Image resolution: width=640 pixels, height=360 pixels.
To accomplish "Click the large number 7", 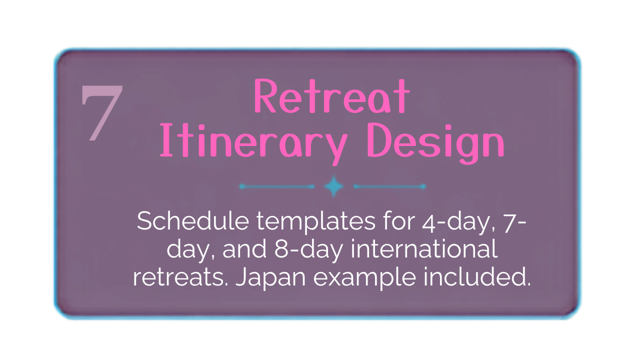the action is pyautogui.click(x=101, y=113).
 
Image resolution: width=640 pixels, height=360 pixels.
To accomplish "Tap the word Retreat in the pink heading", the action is pyautogui.click(x=332, y=96).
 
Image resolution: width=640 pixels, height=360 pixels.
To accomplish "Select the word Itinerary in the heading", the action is pyautogui.click(x=254, y=143).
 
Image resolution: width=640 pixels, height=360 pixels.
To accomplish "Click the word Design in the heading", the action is pyautogui.click(x=436, y=143).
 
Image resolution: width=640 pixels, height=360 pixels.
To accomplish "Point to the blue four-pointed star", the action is pyautogui.click(x=333, y=186).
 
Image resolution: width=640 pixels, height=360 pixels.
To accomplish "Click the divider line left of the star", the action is pyautogui.click(x=277, y=186).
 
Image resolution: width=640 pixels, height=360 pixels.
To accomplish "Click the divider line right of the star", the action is pyautogui.click(x=390, y=186).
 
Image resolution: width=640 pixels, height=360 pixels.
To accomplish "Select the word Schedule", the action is pyautogui.click(x=193, y=220).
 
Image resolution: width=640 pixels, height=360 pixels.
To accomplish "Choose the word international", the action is pyautogui.click(x=424, y=248).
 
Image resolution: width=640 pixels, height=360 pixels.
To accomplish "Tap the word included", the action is pyautogui.click(x=477, y=276).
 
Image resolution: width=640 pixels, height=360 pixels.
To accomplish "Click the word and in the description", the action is pyautogui.click(x=244, y=249).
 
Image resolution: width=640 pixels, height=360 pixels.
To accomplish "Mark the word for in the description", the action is pyautogui.click(x=399, y=220).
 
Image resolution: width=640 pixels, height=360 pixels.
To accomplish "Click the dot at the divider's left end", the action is pyautogui.click(x=242, y=186).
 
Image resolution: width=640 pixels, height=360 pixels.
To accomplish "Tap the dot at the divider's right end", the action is pyautogui.click(x=423, y=186).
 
